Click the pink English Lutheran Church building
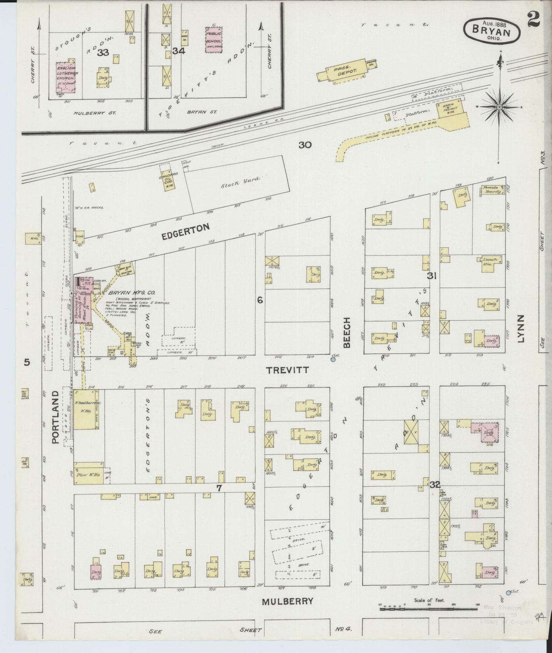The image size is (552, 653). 65,78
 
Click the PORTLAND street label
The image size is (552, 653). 55,417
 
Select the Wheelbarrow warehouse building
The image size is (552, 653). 86,409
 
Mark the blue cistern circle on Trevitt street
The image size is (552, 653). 333,359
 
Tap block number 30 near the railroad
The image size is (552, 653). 305,145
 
